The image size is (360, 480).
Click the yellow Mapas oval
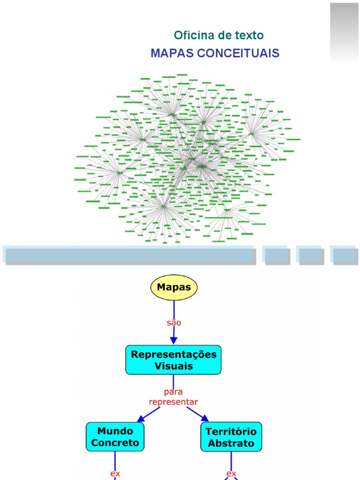pos(173,288)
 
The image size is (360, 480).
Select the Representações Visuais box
pos(173,360)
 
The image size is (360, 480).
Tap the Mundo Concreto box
pos(115,436)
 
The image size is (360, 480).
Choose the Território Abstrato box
pos(231,436)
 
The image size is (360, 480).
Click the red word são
pos(173,323)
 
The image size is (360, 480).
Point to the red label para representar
pos(173,397)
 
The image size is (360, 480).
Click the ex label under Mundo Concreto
pos(115,473)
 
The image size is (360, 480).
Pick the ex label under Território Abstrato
pos(231,473)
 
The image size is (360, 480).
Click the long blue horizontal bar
pos(129,255)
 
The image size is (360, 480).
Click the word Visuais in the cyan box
pos(173,366)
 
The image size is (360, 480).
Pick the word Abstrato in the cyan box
pos(231,442)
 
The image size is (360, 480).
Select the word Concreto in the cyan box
pos(115,442)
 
